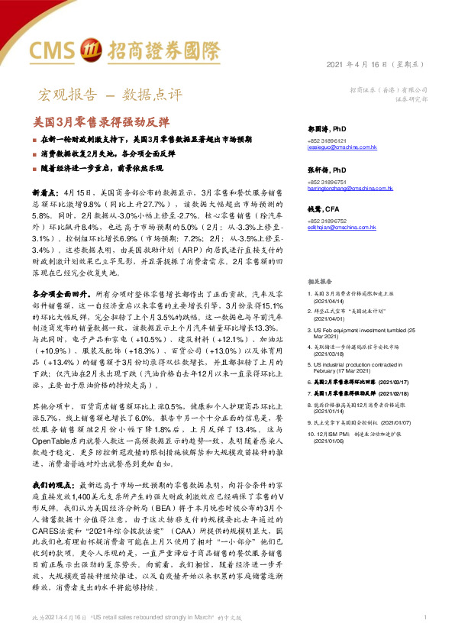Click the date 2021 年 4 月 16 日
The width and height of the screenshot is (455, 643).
365,63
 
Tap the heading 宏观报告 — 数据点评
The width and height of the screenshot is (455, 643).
110,95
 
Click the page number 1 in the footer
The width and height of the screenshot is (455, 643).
424,616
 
